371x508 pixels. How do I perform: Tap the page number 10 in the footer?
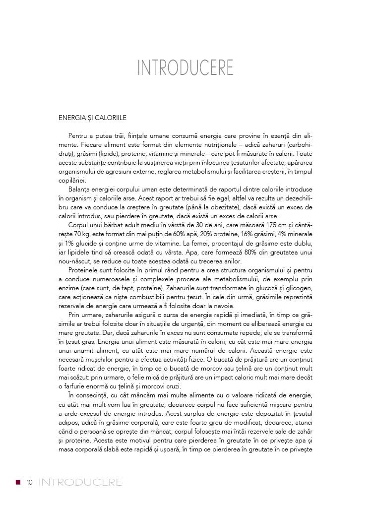point(30,482)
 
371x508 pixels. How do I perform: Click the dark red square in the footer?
point(18,482)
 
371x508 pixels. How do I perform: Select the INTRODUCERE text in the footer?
point(80,482)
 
